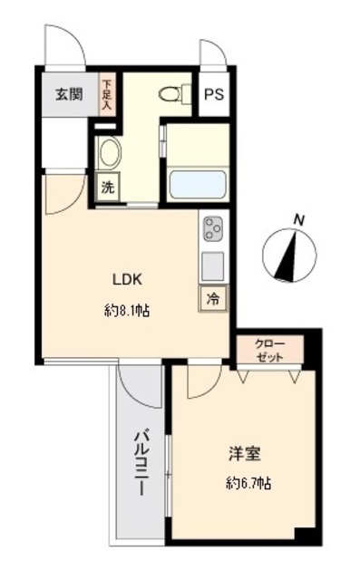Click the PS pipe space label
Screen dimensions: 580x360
[215, 94]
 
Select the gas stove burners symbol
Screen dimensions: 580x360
[214, 229]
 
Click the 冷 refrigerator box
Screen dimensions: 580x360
[212, 297]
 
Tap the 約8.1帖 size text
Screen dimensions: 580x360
[127, 310]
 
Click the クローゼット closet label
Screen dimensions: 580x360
[269, 351]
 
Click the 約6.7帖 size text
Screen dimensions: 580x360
[248, 484]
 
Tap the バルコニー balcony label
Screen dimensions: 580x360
[142, 463]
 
